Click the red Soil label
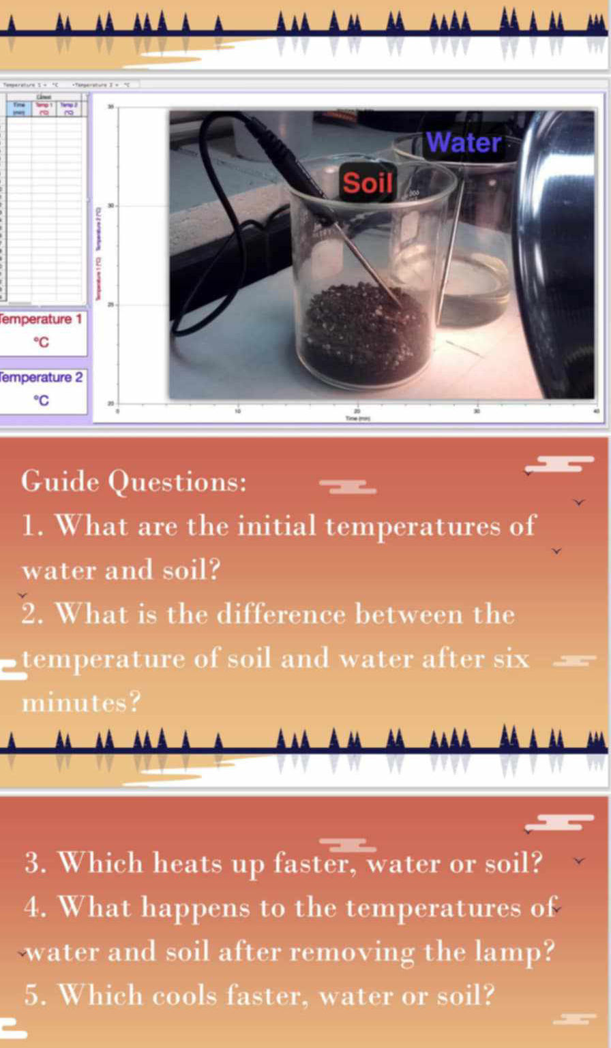point(368,182)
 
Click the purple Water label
point(465,143)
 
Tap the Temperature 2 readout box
point(44,389)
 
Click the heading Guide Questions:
point(134,482)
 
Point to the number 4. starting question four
point(38,908)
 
